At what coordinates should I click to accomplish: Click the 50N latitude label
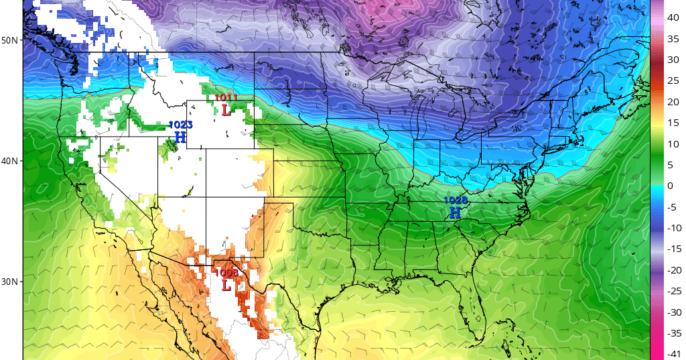(x=9, y=40)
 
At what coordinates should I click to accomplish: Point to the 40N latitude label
(x=9, y=161)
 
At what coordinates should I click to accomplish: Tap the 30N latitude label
(x=9, y=282)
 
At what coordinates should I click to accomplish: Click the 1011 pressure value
(x=226, y=98)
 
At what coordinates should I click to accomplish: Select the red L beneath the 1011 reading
(x=226, y=110)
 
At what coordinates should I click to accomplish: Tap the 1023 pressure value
(x=180, y=125)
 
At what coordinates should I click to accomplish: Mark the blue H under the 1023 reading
(x=180, y=137)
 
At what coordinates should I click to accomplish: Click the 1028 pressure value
(x=456, y=200)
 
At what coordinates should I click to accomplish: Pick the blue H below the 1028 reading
(x=455, y=213)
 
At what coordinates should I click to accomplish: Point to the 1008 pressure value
(x=226, y=272)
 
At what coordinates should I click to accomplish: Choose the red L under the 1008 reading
(x=226, y=285)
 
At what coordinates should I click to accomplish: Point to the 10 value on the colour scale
(x=672, y=143)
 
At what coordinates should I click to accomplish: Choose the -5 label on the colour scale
(x=671, y=206)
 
